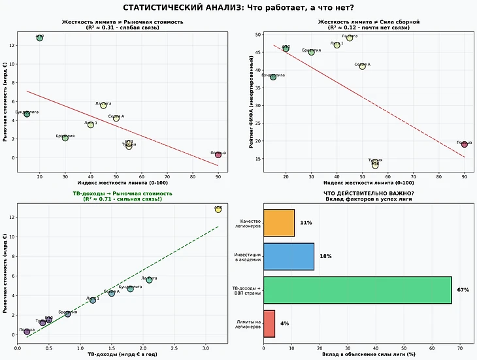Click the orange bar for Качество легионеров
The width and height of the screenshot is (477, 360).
279,223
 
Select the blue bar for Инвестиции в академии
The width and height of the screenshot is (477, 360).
289,257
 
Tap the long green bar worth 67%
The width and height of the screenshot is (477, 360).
357,290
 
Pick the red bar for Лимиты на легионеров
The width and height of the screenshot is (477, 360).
269,323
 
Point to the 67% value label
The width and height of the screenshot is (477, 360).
463,290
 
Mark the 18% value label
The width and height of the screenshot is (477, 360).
326,257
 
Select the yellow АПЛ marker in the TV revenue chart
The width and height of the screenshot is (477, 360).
218,209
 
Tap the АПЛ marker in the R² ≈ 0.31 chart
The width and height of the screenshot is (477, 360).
40,39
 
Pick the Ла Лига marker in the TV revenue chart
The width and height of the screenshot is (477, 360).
149,280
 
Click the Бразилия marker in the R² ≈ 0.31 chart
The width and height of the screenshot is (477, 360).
65,138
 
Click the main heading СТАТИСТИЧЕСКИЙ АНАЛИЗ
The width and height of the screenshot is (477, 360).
238,7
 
